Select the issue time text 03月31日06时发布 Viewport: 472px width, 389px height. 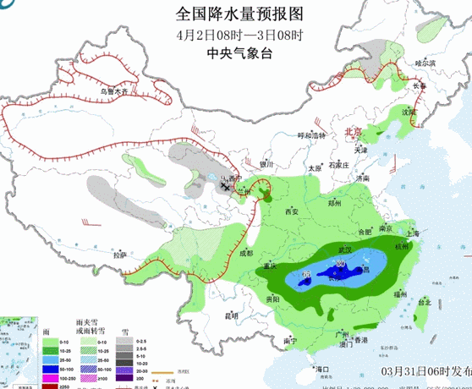[x=425, y=370]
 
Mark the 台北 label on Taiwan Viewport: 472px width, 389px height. [x=425, y=302]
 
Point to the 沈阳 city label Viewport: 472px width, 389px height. [x=409, y=111]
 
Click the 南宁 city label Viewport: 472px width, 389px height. [x=290, y=341]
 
